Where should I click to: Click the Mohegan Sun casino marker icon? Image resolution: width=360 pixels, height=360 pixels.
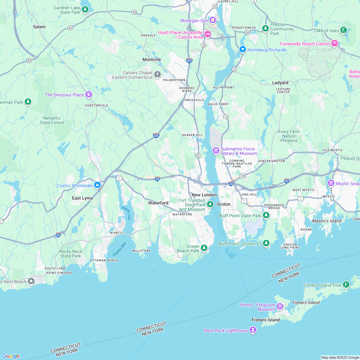(212, 21)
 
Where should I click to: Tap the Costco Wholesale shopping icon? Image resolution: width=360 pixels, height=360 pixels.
(97, 185)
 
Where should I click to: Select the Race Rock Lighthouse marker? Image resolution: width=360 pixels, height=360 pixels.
(253, 330)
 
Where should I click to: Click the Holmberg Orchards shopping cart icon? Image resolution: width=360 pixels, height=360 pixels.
(243, 50)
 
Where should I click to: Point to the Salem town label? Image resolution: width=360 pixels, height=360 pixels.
(39, 27)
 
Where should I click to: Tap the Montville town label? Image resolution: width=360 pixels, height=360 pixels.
(152, 59)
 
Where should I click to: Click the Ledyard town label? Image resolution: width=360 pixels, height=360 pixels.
(280, 83)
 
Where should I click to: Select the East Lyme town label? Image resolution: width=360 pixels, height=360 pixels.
(82, 198)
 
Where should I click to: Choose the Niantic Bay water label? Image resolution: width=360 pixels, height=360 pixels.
(119, 249)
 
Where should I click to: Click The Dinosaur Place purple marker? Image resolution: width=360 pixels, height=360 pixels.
(89, 94)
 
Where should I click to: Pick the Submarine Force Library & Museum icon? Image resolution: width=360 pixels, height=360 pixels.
(216, 150)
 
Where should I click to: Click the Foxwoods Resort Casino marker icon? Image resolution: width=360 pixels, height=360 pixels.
(335, 43)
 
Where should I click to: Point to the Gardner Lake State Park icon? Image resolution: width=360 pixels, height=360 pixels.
(85, 10)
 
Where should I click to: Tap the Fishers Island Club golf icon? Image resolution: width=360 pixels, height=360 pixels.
(346, 285)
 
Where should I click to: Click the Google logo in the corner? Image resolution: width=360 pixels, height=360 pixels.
(10, 356)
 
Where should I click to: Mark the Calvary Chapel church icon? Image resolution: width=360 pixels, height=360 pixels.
(157, 75)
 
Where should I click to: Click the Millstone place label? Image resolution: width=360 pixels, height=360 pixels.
(141, 250)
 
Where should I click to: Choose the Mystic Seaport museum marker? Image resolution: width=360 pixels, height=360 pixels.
(331, 183)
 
